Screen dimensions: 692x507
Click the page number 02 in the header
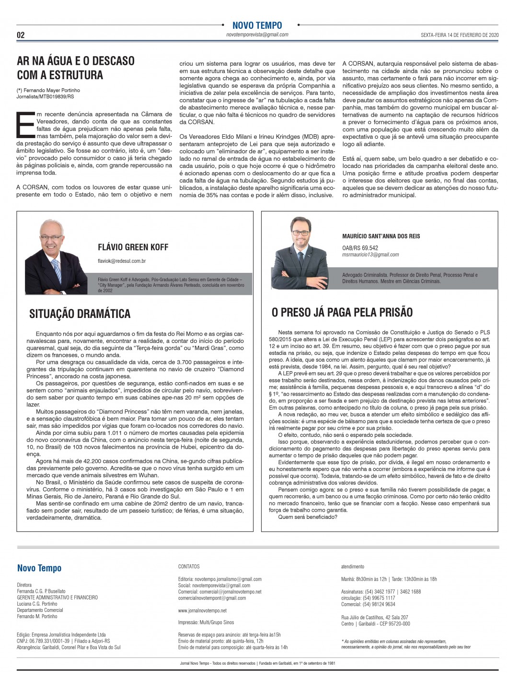[21, 35]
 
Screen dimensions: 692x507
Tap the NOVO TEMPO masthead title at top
[257, 25]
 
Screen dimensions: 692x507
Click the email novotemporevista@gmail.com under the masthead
[257, 35]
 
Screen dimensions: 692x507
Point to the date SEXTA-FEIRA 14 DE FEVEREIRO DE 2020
[460, 35]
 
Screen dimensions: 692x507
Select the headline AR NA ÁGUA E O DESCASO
[76, 61]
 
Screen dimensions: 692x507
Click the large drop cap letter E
[25, 126]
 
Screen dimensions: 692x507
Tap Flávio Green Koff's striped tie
[57, 270]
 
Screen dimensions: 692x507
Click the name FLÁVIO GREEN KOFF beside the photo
[133, 247]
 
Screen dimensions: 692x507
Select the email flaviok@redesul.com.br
[122, 261]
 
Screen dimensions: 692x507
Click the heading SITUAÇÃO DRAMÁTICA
[80, 314]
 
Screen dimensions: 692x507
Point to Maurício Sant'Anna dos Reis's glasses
[301, 233]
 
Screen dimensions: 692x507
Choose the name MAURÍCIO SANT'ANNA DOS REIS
[381, 236]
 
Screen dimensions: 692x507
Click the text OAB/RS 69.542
[360, 248]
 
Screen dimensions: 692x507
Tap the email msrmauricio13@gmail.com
[370, 255]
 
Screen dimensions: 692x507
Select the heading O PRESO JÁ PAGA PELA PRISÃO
[342, 312]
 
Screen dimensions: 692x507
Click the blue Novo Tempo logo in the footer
[39, 568]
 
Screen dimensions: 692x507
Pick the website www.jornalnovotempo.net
[202, 610]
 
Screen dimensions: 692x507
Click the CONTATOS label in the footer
[189, 566]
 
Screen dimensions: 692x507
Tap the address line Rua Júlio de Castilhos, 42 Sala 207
[374, 617]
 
